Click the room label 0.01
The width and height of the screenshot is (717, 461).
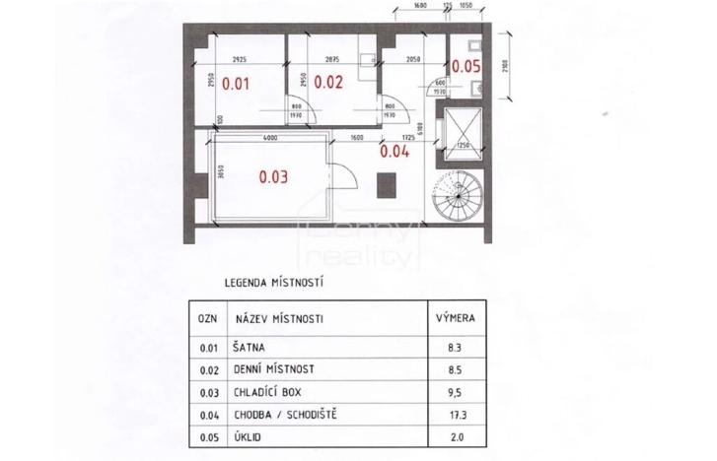tap(236, 84)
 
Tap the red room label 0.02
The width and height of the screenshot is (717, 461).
tap(327, 83)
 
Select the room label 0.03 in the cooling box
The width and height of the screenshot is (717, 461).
tap(273, 178)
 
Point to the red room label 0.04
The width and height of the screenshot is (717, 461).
tap(394, 151)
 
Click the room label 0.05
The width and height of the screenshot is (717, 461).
tap(466, 66)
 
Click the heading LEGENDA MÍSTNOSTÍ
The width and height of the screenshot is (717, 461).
tap(274, 283)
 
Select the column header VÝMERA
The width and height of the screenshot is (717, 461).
tap(458, 319)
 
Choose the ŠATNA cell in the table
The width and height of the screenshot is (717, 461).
tap(249, 348)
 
